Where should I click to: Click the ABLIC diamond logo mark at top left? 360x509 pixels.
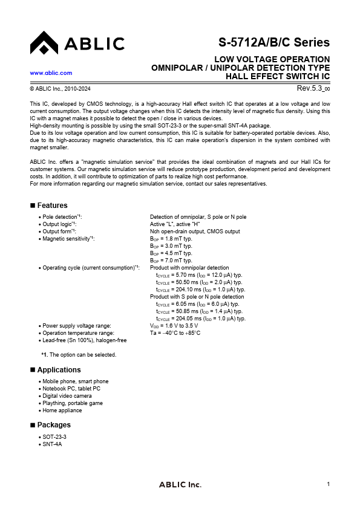point(44,43)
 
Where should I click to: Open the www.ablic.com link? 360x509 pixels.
point(51,73)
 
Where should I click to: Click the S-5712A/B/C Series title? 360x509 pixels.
point(274,43)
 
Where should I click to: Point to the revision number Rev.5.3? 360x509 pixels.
point(308,88)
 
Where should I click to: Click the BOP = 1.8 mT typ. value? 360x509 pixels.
point(171,239)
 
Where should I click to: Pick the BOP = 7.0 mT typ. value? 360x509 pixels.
point(171,261)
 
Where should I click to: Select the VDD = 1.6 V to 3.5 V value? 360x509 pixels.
point(174,326)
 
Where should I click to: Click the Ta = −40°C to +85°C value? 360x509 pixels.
point(175,333)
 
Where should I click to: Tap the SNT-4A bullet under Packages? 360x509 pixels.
point(52,444)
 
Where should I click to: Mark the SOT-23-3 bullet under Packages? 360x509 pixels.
point(54,436)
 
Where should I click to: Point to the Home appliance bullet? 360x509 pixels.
point(62,410)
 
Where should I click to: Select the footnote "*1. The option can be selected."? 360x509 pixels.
point(79,355)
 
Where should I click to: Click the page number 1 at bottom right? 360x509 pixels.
point(327,484)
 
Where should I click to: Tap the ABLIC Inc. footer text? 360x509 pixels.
point(180,485)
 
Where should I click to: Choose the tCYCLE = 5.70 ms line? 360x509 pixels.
point(199,275)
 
